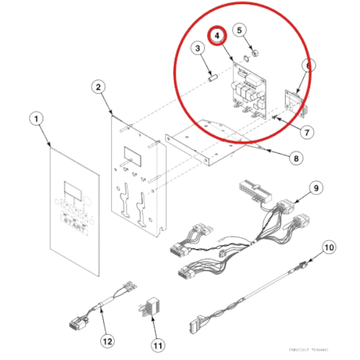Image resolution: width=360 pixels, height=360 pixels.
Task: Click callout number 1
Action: [36, 119]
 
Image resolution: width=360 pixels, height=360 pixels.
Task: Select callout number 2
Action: [98, 87]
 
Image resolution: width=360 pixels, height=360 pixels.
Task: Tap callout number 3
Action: [196, 47]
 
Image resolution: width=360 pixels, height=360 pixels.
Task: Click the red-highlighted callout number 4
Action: [218, 36]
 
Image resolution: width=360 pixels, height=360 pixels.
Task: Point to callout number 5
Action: [239, 29]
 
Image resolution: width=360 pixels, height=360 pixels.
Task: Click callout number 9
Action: [314, 188]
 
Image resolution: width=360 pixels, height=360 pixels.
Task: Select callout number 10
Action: [328, 246]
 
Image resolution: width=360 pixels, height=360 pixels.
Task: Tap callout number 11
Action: [158, 345]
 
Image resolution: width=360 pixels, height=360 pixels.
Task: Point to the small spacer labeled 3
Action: [213, 77]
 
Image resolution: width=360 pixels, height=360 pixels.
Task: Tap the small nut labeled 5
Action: [255, 54]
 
